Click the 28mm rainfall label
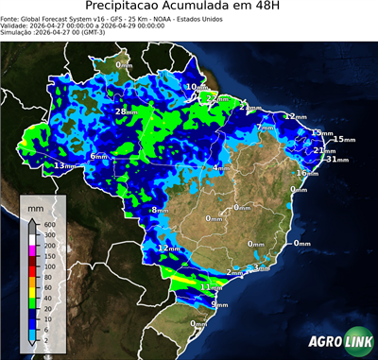[125, 111]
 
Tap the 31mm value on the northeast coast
[335, 160]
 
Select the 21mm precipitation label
[323, 150]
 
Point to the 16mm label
[306, 173]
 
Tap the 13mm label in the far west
[62, 166]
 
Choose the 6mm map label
[98, 156]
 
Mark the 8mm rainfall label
[160, 210]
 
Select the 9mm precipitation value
[219, 304]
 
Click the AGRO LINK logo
[336, 341]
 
